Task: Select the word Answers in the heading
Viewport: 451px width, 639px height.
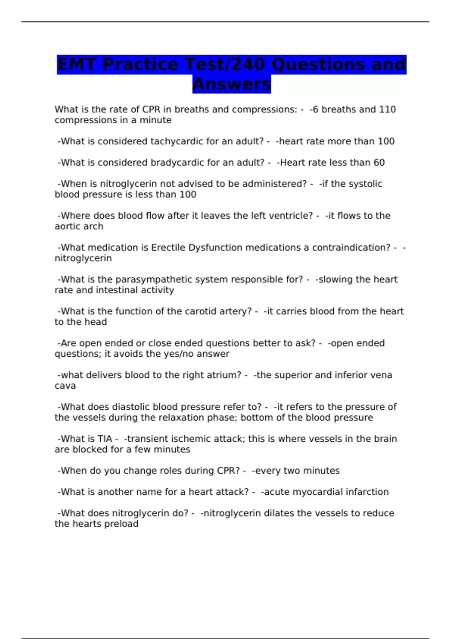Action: (x=232, y=84)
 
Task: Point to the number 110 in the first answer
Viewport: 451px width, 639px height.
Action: (x=387, y=109)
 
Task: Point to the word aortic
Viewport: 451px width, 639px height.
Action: (x=67, y=227)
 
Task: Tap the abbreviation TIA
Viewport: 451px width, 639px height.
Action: (x=104, y=439)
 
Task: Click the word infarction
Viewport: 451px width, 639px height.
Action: (x=367, y=492)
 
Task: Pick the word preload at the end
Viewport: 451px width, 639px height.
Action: (x=121, y=524)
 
